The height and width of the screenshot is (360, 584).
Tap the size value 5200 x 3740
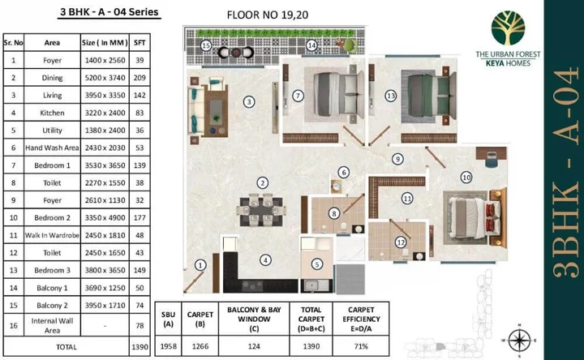[x=105, y=77]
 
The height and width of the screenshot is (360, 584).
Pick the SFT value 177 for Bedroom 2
[x=139, y=217]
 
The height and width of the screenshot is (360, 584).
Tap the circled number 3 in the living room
[x=250, y=101]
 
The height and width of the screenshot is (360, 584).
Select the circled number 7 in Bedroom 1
[x=298, y=96]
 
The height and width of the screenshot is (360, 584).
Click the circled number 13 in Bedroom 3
[x=390, y=96]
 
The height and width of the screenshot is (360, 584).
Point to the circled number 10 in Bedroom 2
[x=466, y=177]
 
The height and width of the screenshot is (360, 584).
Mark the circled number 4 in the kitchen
[x=264, y=260]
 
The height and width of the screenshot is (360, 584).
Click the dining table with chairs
[x=261, y=209]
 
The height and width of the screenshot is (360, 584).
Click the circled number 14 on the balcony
[x=311, y=46]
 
